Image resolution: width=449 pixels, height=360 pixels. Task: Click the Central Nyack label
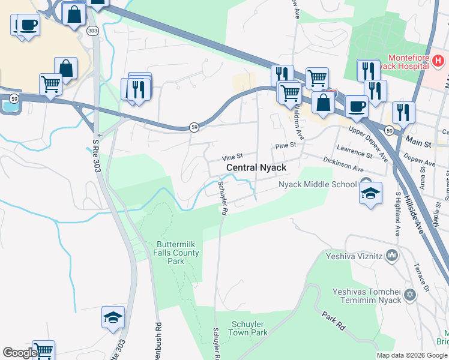point(256,167)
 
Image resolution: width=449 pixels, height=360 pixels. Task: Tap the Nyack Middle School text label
point(318,184)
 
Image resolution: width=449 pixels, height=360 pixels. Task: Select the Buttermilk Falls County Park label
point(178,253)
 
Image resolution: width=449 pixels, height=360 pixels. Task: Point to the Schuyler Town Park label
point(249,328)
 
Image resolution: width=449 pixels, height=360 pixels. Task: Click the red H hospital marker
point(439,60)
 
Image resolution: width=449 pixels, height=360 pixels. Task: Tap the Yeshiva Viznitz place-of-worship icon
point(393,256)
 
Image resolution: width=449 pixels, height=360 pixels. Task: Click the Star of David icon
point(411,295)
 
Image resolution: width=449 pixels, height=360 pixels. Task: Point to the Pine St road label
point(286,146)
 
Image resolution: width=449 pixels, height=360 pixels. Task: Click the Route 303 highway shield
point(92,30)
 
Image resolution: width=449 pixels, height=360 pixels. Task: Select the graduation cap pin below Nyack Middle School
point(371,194)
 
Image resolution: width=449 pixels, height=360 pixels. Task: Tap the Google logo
point(19,353)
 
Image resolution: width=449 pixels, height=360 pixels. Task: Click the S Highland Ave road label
point(397,214)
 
